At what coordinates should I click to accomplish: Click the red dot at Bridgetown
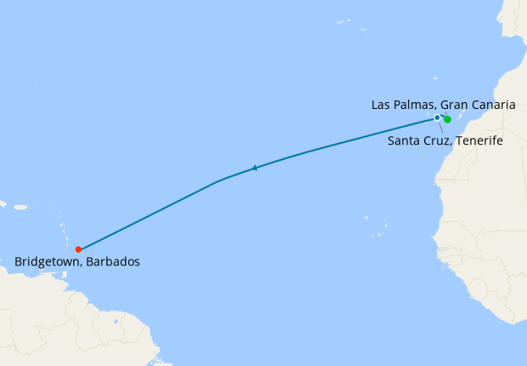coord(78,249)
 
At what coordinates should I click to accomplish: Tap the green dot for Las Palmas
coord(447,120)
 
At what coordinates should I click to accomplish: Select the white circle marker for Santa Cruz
coord(437,117)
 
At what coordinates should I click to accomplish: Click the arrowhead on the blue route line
coord(254,168)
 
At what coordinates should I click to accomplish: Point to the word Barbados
coord(114,262)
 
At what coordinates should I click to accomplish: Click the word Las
coord(382,105)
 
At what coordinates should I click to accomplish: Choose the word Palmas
coord(415,105)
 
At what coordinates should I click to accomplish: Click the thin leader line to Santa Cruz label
coord(440,127)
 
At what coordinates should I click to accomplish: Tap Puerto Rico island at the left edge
coord(3,204)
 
